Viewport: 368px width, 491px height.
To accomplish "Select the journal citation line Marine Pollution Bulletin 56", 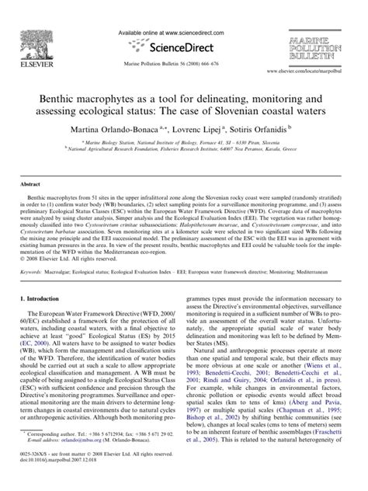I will point(183,63).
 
